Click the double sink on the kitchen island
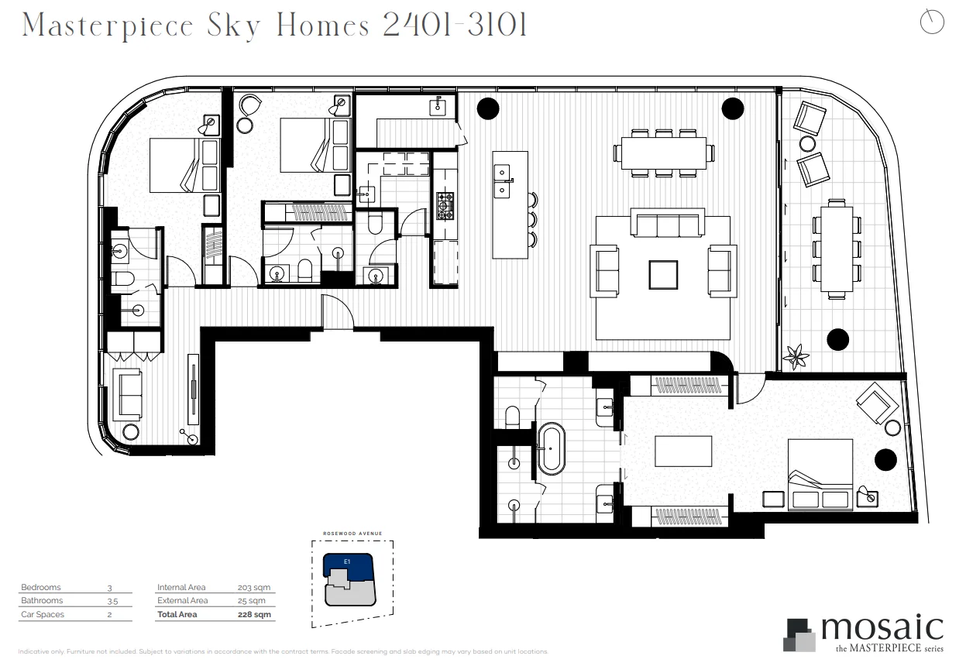tap(503, 179)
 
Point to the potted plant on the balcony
tap(796, 356)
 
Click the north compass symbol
tap(932, 22)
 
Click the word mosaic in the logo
tap(881, 627)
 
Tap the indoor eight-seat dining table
tap(663, 153)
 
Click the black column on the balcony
tap(837, 338)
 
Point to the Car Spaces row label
tap(42, 615)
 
